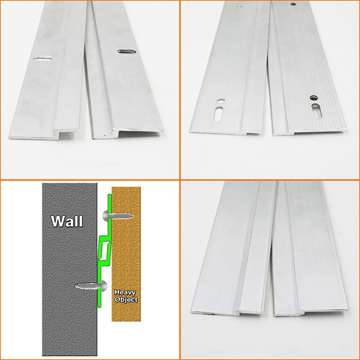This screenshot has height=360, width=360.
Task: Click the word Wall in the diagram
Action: pos(67,221)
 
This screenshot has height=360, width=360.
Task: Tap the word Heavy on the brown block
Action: pos(125,293)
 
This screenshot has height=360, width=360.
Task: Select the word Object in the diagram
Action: pos(127,299)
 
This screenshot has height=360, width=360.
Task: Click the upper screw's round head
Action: pos(106,216)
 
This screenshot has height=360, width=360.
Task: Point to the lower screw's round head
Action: pos(103,286)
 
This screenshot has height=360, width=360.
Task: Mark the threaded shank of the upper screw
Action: pos(121,216)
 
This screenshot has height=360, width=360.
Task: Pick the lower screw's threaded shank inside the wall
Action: pos(88,286)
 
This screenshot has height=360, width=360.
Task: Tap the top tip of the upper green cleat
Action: pos(110,195)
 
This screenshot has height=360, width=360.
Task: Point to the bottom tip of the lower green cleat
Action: pos(100,306)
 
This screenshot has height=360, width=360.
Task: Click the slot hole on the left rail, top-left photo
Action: pos(43,58)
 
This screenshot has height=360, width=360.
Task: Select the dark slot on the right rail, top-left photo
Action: pos(127,52)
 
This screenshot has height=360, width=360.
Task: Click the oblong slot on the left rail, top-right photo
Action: pos(219,113)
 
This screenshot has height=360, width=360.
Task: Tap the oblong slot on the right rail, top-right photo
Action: pos(317,111)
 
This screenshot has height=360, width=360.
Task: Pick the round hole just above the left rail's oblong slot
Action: pos(221,101)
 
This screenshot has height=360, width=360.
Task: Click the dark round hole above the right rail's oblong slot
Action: pos(314,98)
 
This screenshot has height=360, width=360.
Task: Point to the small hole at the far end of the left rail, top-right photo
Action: pos(239,7)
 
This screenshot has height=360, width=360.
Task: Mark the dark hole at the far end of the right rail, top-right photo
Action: pos(293,4)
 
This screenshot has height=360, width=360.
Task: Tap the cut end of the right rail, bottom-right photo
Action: pos(310,313)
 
